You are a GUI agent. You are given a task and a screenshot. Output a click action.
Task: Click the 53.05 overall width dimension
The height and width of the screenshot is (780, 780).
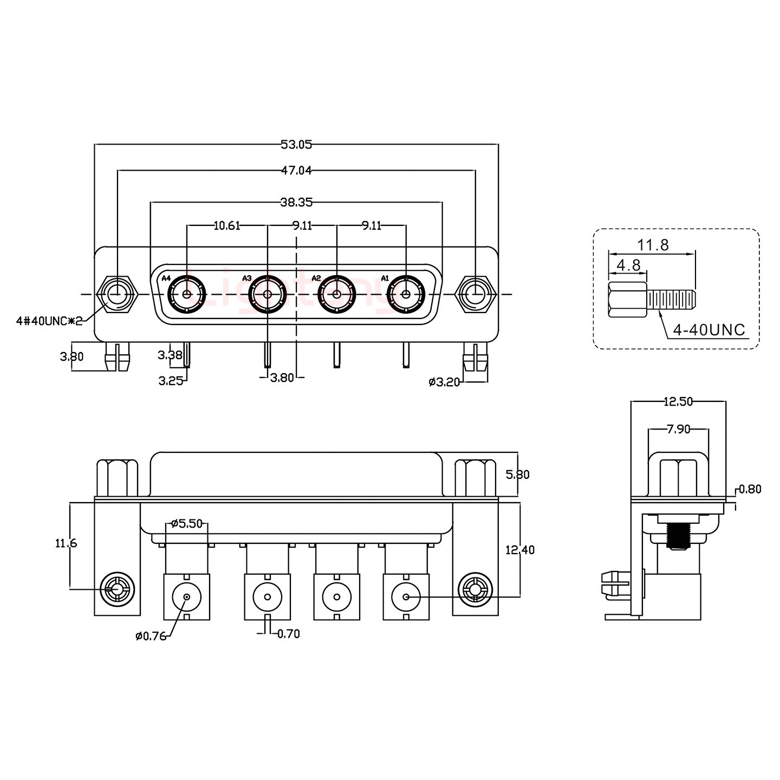coord(296,144)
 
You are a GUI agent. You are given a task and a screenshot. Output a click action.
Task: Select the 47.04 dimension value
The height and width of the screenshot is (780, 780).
coord(296,171)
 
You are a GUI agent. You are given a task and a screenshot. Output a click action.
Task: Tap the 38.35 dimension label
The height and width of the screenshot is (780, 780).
coord(296,202)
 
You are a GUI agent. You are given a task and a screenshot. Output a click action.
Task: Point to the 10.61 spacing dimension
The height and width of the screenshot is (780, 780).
coord(227,225)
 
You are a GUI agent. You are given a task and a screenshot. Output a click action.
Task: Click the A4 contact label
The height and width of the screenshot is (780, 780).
coord(166,278)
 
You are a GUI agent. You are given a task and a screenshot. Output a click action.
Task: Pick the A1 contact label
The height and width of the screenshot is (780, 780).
coord(385,278)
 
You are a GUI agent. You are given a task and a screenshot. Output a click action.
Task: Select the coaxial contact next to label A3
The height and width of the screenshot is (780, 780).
coord(267,295)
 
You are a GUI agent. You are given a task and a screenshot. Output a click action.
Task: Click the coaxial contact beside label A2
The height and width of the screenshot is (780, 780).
coord(336,295)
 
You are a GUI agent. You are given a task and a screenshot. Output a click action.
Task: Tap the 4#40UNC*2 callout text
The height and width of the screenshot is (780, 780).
coord(49,321)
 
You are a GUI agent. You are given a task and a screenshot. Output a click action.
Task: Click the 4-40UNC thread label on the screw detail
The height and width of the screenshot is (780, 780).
coord(709,329)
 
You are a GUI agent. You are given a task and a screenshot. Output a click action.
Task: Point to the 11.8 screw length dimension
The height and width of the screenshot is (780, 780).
coord(652,245)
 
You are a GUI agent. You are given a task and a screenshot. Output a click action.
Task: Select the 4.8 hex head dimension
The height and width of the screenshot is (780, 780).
coord(628,265)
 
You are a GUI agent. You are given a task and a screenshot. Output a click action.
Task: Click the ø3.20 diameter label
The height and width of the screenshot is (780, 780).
coord(444,382)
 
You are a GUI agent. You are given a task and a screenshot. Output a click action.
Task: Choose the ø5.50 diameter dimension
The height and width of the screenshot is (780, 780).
coord(187,523)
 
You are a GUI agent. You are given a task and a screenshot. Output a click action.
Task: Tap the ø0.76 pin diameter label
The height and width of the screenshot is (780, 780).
coord(151,636)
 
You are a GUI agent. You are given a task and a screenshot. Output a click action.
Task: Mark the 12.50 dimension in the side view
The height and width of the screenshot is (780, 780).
coord(678,401)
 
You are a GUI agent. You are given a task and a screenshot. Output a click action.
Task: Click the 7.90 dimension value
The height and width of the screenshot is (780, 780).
coord(678,430)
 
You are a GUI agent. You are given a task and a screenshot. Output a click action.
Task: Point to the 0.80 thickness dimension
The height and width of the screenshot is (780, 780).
coord(750,489)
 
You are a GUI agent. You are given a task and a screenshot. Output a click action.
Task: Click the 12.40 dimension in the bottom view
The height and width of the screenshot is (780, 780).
coord(519,550)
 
